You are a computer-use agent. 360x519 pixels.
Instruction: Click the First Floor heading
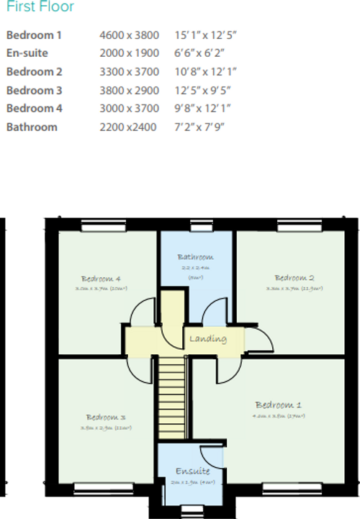pos(40,9)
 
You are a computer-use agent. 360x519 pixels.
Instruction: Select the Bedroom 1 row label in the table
pos(35,35)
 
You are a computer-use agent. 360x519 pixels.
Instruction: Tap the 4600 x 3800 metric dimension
pos(129,35)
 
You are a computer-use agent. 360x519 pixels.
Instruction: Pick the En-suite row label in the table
pos(27,53)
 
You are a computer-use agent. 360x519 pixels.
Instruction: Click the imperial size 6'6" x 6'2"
pos(199,53)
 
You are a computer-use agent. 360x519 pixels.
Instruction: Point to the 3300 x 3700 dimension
pos(129,71)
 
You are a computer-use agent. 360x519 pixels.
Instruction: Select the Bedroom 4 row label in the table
pos(35,109)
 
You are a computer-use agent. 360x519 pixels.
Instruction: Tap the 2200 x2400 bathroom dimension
pos(127,127)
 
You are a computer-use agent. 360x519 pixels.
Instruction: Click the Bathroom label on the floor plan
pos(195,257)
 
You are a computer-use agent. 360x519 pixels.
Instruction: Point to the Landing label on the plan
pos(207,338)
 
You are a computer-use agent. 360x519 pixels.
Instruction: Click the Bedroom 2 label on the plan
pos(294,278)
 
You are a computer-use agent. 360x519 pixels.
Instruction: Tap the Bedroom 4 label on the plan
pos(100,279)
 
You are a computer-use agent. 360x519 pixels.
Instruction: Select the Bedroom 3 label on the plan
pos(106,418)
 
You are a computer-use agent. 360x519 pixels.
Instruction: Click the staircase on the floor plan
pos(174,392)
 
